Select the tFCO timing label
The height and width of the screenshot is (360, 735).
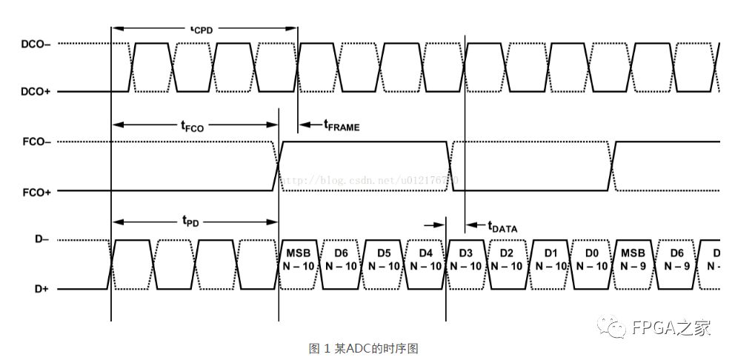[x=193, y=126]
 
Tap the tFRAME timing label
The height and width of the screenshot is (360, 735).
[x=342, y=126]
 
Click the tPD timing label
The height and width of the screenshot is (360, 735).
[x=190, y=221]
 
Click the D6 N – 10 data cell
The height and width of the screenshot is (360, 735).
[x=342, y=260]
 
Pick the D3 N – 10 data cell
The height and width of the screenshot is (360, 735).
[x=465, y=260]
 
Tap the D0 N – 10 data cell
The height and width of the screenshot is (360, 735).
[x=591, y=260]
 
